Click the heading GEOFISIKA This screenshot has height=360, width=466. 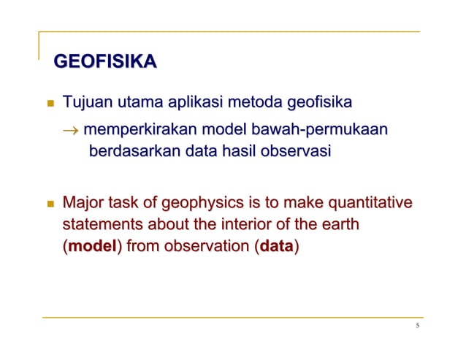click(x=102, y=63)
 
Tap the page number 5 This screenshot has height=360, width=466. click(x=417, y=326)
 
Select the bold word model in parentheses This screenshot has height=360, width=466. click(x=92, y=247)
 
